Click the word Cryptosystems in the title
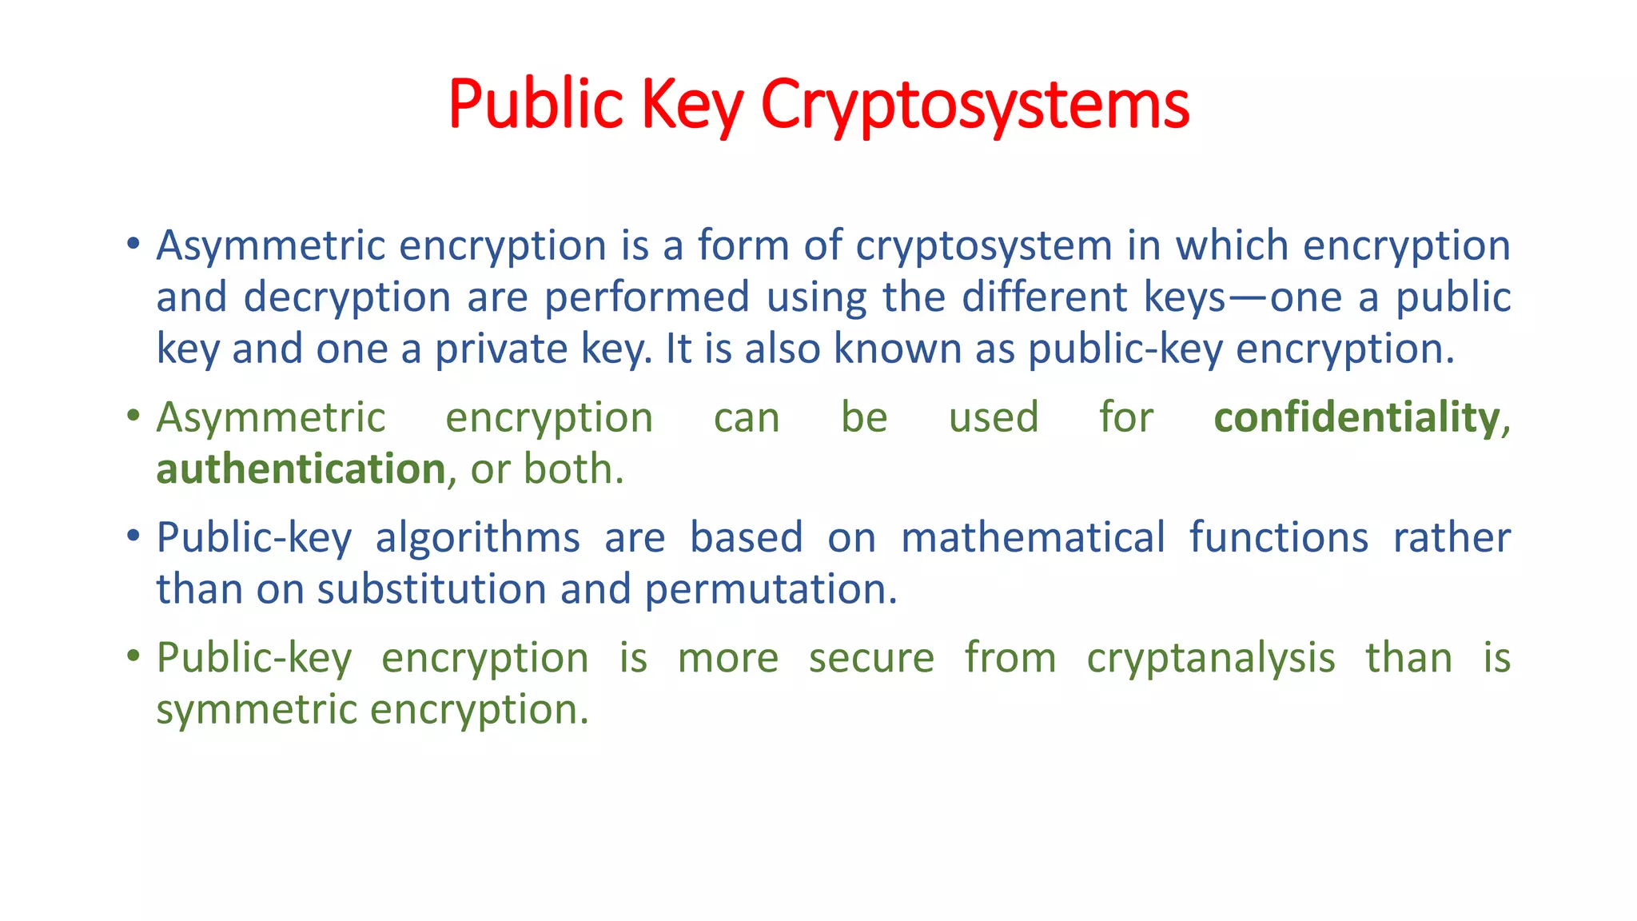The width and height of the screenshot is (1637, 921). point(974,106)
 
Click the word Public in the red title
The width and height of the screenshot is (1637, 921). point(535,104)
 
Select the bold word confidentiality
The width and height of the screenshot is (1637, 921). point(1356,418)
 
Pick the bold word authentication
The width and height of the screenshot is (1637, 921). point(301,469)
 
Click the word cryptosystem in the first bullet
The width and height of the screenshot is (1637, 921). point(983,246)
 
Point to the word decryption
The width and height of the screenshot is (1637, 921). point(347,298)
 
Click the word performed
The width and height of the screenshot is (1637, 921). point(647,297)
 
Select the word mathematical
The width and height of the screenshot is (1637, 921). point(1033,537)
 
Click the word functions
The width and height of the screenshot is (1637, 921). point(1278,537)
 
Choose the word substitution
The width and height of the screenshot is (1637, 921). point(432,589)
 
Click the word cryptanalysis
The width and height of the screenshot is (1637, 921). point(1210,659)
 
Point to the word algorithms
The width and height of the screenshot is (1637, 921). point(477,538)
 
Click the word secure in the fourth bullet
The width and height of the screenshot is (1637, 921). point(871,658)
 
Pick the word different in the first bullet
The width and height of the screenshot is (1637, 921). point(1045,297)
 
